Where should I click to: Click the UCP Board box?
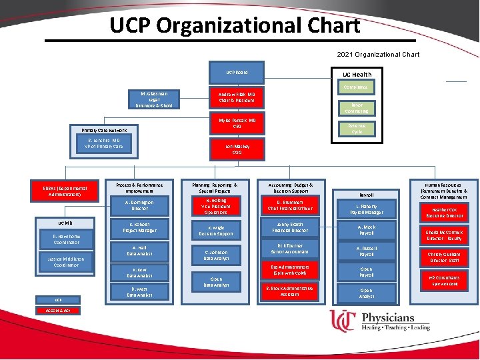237,72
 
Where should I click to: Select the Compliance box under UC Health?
355,87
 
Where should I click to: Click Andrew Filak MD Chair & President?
237,97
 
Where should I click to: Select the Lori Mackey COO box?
237,147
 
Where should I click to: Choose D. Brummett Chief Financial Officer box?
290,205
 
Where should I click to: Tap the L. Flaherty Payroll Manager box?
367,209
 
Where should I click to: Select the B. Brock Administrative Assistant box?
289,291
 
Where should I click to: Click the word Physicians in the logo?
388,317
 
